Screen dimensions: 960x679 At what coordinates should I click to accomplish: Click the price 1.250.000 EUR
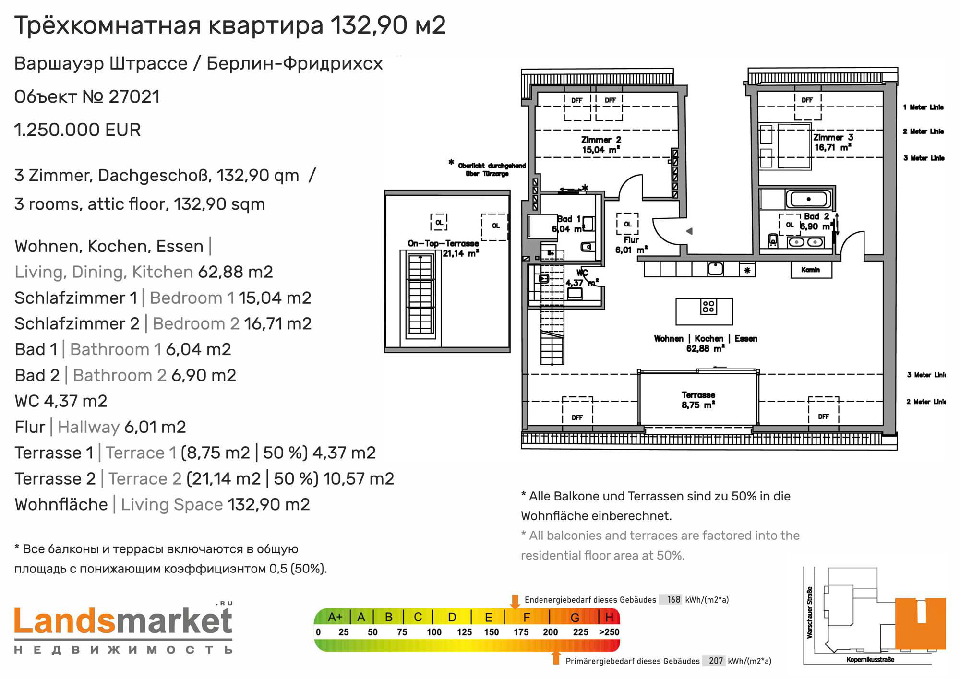pos(77,130)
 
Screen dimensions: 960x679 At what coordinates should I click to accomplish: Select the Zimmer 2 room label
pos(601,144)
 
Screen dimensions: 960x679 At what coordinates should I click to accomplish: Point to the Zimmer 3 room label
pos(833,143)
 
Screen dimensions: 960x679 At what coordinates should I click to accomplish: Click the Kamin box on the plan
pos(811,270)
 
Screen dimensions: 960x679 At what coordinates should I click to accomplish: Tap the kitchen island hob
pos(708,307)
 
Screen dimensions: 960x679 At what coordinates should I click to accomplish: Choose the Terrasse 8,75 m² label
pos(698,400)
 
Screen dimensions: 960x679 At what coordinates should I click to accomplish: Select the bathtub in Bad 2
pos(809,199)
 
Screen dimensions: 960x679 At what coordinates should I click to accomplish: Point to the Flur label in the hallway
pos(631,240)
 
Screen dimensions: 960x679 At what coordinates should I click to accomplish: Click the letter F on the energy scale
pos(527,617)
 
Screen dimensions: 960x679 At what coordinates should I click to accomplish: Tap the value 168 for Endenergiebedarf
pos(674,599)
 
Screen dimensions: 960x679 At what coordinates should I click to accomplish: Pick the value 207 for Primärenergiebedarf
pos(716,661)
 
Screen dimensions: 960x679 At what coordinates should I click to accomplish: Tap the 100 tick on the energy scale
pos(434,632)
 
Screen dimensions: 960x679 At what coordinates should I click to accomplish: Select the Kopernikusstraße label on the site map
pos(870,660)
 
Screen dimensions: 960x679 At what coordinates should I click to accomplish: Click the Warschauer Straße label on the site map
pos(810,612)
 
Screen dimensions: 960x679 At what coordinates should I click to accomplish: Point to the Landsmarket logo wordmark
pos(123,620)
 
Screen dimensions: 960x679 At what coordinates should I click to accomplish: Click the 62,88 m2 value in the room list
pos(235,272)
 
